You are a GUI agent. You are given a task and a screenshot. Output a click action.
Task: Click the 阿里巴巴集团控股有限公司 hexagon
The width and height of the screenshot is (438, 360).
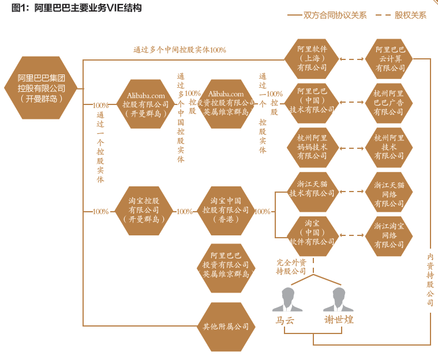click(x=41, y=87)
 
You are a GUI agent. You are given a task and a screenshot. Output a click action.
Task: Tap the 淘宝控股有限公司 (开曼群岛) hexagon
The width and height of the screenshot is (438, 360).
click(x=144, y=210)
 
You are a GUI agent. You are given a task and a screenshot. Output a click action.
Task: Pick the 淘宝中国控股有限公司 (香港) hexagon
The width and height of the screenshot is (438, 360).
click(x=226, y=210)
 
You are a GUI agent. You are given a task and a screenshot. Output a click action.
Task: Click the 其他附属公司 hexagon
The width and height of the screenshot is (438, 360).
click(x=226, y=327)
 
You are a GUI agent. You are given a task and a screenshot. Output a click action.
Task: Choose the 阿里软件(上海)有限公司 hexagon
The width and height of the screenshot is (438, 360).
click(x=312, y=58)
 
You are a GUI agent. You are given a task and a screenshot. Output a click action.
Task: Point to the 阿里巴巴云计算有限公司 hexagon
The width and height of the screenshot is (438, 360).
click(x=390, y=58)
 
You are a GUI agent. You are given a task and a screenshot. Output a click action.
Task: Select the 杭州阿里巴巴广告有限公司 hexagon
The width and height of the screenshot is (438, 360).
click(x=390, y=102)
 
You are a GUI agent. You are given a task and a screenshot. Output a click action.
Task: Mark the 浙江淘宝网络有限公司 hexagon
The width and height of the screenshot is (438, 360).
click(x=390, y=236)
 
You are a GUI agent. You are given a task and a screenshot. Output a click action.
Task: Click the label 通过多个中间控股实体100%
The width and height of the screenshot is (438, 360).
click(x=179, y=50)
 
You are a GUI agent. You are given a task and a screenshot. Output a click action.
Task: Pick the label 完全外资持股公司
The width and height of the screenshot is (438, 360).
click(x=291, y=267)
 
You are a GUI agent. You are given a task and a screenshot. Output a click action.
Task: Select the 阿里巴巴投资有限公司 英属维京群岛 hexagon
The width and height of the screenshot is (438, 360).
click(x=226, y=265)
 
